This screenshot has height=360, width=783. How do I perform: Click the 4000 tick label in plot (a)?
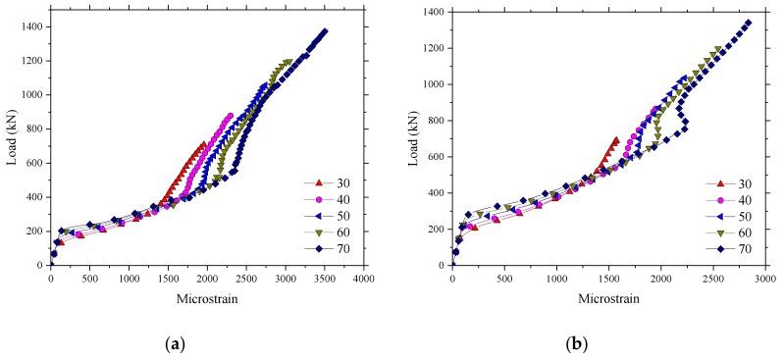363,278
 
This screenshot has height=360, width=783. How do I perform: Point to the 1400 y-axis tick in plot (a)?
33,26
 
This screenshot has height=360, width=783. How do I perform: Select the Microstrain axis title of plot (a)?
207,297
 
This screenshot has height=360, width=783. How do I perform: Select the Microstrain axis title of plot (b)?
608,297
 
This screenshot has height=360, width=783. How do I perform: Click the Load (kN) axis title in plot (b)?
412,137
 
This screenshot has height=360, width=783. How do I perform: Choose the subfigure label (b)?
608,344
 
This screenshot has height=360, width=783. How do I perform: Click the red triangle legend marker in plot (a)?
316,182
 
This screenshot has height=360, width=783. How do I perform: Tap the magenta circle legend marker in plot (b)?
719,199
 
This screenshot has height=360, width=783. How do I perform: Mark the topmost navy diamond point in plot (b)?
748,23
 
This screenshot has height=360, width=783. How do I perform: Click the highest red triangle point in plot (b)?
615,140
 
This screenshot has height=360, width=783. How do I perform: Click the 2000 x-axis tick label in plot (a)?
207,278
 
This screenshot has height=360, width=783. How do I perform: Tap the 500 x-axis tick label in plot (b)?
504,278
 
